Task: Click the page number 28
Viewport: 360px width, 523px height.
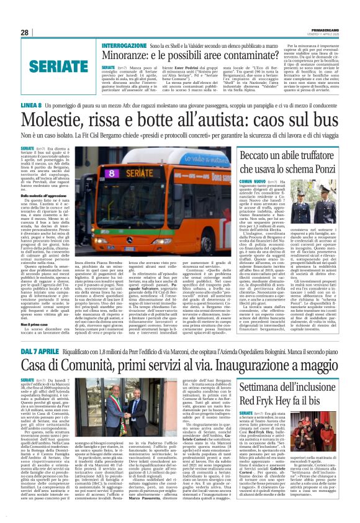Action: point(25,32)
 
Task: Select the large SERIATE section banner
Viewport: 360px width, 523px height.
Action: point(50,65)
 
